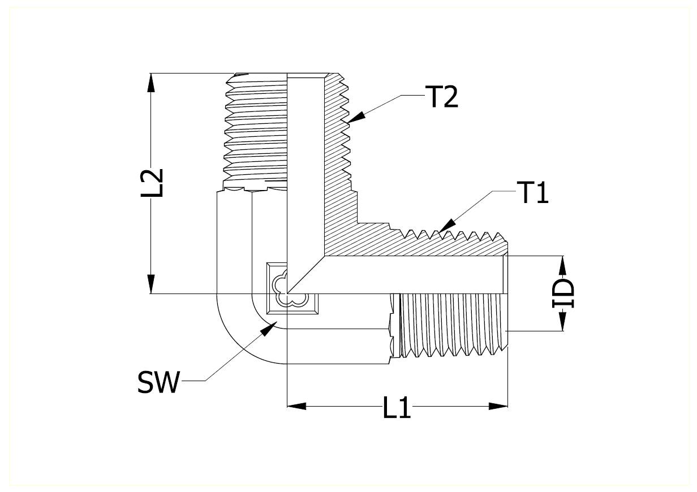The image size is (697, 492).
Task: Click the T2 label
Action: click(441, 97)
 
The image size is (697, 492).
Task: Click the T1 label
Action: click(532, 192)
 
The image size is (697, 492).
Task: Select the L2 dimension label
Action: click(152, 183)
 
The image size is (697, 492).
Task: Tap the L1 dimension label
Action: click(397, 407)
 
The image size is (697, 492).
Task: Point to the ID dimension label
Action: click(563, 294)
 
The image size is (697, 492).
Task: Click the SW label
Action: click(158, 382)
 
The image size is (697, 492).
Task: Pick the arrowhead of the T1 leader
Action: click(447, 226)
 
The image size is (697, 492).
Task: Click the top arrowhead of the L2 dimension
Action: click(151, 83)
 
